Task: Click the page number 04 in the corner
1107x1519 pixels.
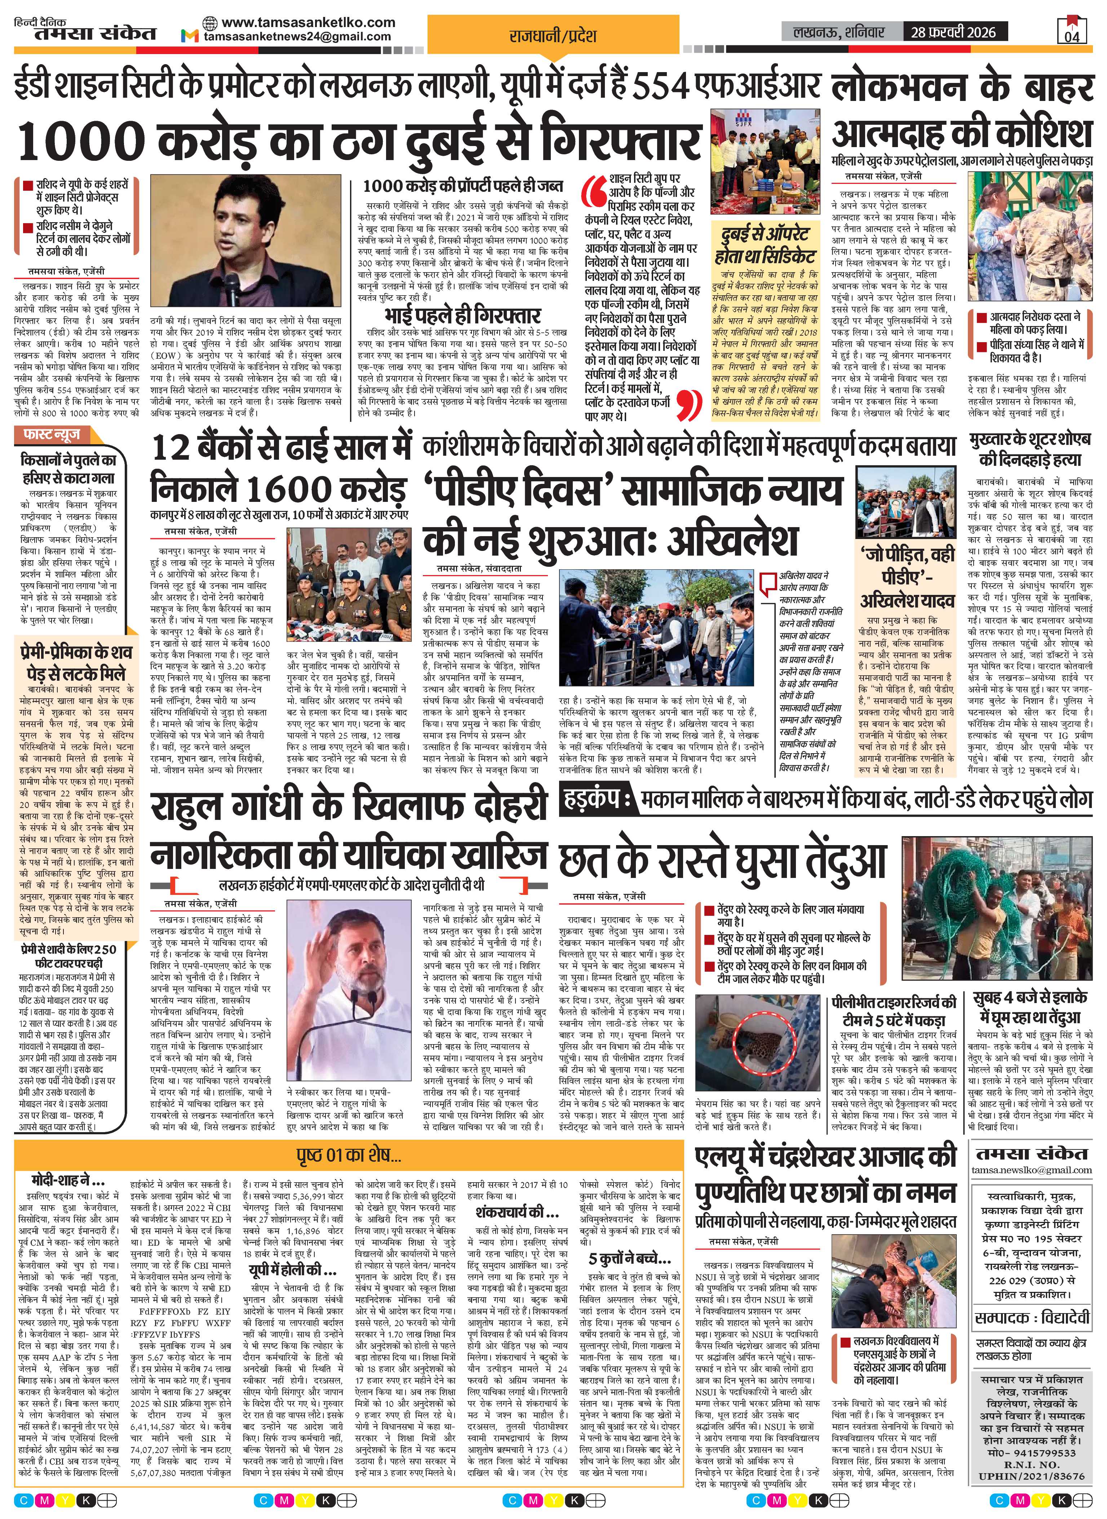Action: pos(1072,35)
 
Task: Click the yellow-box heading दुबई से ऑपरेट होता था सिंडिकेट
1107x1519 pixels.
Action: pos(765,244)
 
